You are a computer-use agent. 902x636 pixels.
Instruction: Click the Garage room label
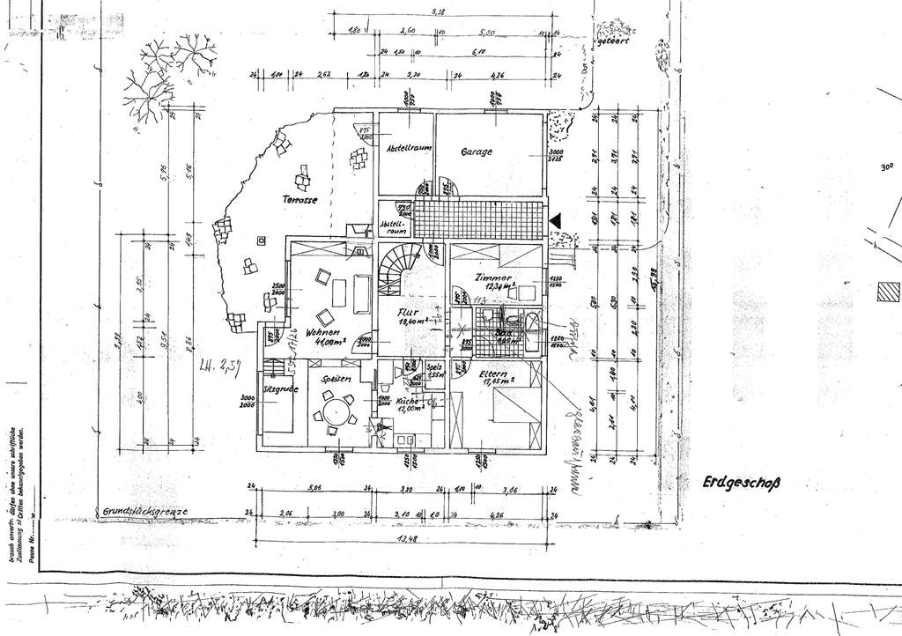click(x=476, y=152)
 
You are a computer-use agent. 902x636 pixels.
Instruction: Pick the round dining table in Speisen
click(x=336, y=411)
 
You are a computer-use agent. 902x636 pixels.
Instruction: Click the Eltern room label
click(x=493, y=377)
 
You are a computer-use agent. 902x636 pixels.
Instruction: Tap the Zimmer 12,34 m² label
click(x=495, y=279)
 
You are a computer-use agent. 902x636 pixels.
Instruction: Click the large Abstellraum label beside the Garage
click(x=409, y=150)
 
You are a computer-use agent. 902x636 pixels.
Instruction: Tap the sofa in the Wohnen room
click(x=361, y=292)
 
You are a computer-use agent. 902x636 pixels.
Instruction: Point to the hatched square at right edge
click(x=890, y=290)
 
